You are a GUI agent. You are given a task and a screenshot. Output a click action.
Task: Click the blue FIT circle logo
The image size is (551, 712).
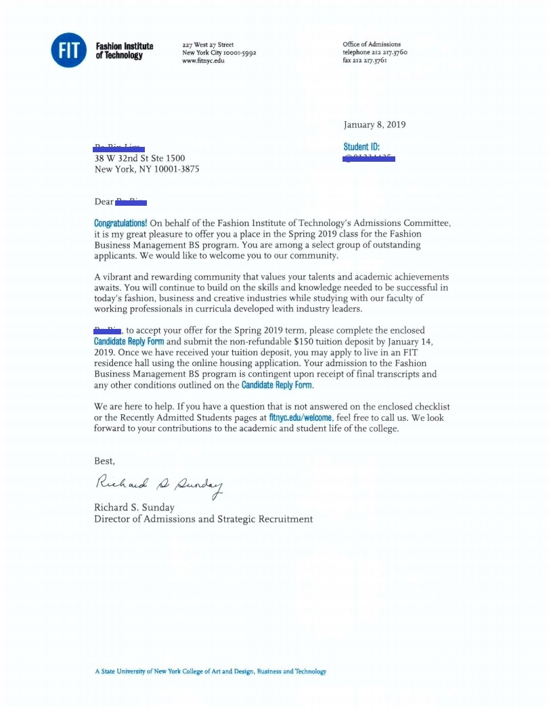click(69, 50)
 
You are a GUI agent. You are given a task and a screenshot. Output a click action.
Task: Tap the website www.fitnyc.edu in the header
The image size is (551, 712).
click(203, 61)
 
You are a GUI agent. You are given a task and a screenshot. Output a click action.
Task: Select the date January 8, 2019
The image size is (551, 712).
click(374, 125)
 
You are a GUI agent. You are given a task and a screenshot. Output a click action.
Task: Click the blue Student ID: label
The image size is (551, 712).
click(361, 147)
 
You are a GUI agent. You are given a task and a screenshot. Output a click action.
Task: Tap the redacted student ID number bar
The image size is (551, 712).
click(370, 159)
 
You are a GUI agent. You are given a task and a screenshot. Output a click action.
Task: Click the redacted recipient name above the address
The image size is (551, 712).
click(119, 147)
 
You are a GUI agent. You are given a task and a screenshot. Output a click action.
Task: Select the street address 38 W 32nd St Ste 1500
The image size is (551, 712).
click(139, 158)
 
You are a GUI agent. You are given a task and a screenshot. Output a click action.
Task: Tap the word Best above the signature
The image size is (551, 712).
click(104, 461)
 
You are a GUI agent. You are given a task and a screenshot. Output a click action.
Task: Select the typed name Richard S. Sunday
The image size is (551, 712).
click(135, 508)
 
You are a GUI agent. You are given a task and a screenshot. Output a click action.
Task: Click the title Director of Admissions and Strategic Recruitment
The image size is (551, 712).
click(203, 519)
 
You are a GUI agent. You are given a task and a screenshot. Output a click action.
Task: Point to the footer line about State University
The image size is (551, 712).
click(211, 671)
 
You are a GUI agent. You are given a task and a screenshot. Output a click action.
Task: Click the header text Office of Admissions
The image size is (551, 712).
click(372, 45)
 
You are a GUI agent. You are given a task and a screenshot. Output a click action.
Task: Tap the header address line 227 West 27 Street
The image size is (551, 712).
click(208, 45)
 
